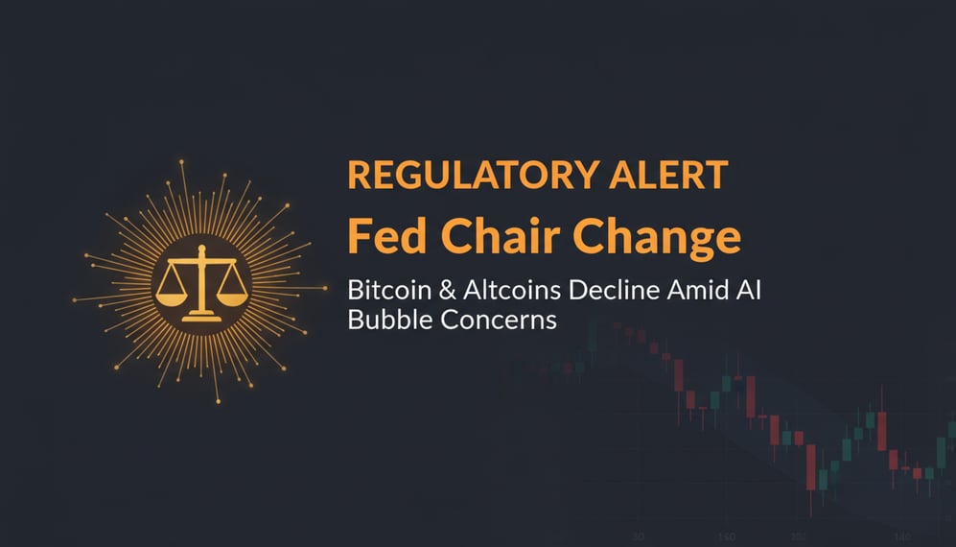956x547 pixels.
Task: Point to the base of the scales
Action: click(x=201, y=312)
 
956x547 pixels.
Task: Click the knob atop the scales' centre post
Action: click(x=201, y=249)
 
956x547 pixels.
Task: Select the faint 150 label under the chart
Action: click(x=725, y=536)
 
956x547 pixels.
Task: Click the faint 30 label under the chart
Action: click(x=638, y=536)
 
